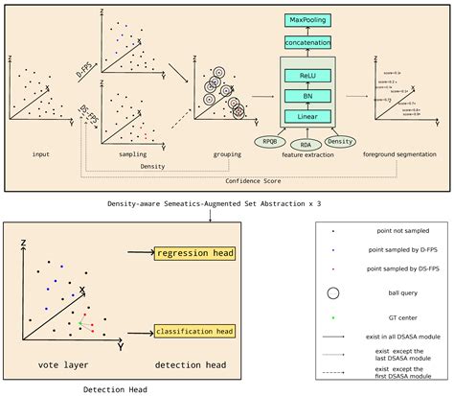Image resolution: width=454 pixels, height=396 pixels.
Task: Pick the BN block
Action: coord(307,97)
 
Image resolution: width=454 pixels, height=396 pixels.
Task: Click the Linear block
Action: coord(307,117)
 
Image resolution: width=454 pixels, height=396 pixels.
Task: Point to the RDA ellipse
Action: coord(307,147)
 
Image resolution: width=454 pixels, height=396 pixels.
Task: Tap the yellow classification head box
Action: coord(192,331)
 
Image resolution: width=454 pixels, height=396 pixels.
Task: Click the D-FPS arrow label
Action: coord(85,68)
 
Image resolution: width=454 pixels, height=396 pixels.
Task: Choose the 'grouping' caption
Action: coord(227,151)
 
